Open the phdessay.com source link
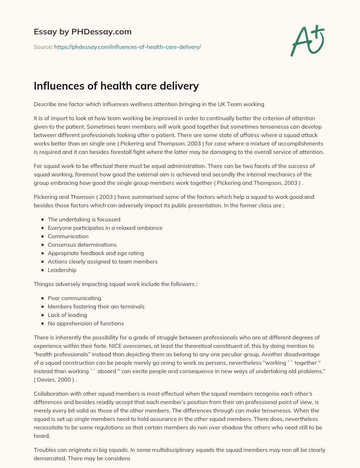[x=127, y=47]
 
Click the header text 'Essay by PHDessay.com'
[x=83, y=32]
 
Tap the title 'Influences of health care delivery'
[x=116, y=86]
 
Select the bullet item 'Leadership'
[x=62, y=270]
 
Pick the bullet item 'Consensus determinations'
[x=82, y=245]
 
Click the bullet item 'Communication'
[x=68, y=236]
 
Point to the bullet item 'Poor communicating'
[x=74, y=298]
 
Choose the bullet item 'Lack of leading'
[x=67, y=315]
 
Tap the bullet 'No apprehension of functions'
[x=86, y=323]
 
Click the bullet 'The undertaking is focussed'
[x=84, y=219]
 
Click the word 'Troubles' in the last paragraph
[x=44, y=450]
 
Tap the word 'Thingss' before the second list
[x=43, y=284]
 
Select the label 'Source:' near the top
[x=43, y=47]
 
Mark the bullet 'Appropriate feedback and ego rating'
[x=96, y=253]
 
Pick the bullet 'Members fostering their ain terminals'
[x=96, y=306]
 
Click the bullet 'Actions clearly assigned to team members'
[x=103, y=261]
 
